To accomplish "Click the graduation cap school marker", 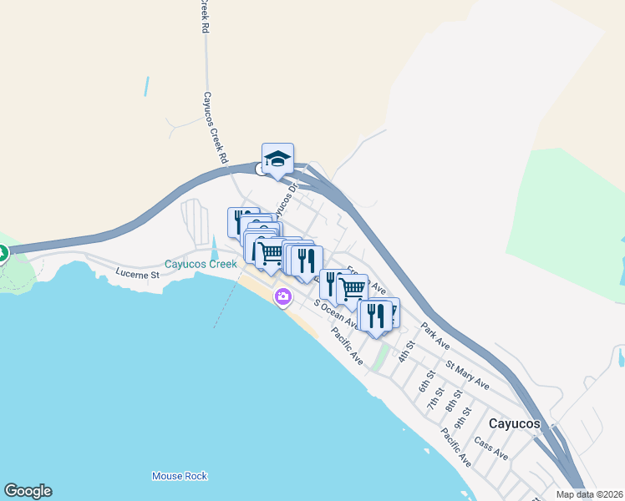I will (277, 158).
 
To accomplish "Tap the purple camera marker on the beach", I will (283, 296).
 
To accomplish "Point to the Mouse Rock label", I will (179, 476).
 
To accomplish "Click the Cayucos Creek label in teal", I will (201, 264).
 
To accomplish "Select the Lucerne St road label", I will (137, 274).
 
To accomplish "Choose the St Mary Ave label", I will (467, 375).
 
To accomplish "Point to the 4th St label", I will (406, 351).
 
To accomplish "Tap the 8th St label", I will (453, 401).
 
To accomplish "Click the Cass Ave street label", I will (490, 448).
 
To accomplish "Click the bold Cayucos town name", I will (515, 423).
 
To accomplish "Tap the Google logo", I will (28, 491).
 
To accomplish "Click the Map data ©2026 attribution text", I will (589, 494).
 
